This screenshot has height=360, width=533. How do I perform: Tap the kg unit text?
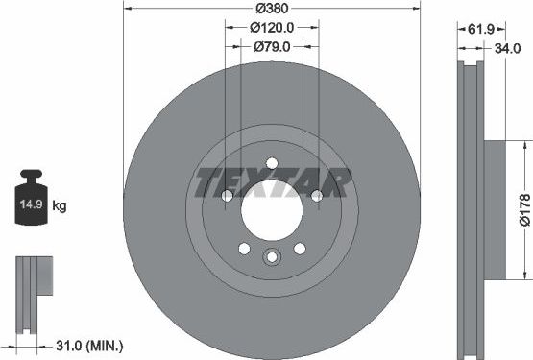click(59, 205)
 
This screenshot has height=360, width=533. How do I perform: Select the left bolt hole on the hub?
click(228, 197)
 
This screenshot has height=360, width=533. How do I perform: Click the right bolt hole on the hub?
click(316, 197)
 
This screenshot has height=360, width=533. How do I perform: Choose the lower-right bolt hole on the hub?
click(299, 249)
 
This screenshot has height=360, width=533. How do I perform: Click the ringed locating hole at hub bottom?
click(272, 256)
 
